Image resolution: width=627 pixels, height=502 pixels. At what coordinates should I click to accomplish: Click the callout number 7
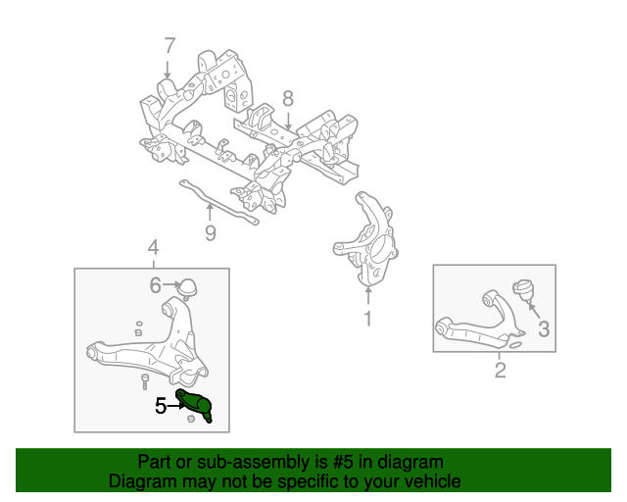(x=169, y=46)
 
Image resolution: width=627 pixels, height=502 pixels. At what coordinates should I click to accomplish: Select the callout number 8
(x=288, y=98)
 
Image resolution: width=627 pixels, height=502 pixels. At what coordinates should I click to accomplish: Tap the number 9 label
(x=209, y=232)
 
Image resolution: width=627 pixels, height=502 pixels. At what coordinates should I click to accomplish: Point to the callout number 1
(x=368, y=318)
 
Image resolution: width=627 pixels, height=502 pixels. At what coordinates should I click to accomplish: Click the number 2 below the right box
(x=500, y=370)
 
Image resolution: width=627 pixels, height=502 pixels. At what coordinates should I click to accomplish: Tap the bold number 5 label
(x=161, y=405)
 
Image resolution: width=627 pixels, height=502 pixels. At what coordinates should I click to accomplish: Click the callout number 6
(x=155, y=285)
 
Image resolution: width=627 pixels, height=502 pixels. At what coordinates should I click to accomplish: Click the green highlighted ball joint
(x=199, y=405)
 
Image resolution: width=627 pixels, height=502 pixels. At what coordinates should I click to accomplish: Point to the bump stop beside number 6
(x=188, y=285)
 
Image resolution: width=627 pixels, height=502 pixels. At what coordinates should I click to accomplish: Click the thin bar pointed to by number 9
(x=220, y=204)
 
